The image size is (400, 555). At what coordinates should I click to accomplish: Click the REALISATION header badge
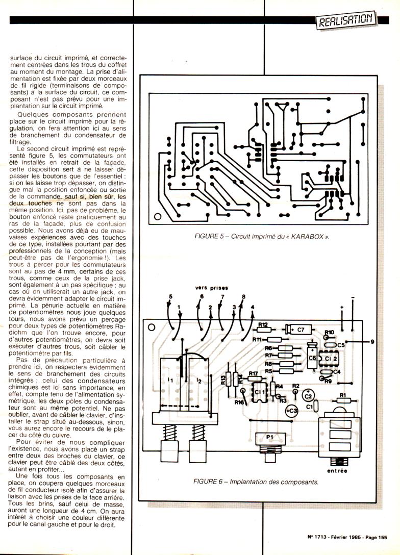click(346, 20)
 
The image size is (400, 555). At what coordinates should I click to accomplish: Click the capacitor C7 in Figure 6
click(295, 329)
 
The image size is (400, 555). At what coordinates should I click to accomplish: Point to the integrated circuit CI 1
click(260, 392)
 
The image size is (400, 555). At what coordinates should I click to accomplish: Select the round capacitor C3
click(291, 411)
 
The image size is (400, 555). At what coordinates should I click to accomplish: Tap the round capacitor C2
click(307, 395)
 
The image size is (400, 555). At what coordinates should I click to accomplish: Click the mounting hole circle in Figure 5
click(158, 217)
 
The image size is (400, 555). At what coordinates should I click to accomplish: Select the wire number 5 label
click(171, 297)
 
